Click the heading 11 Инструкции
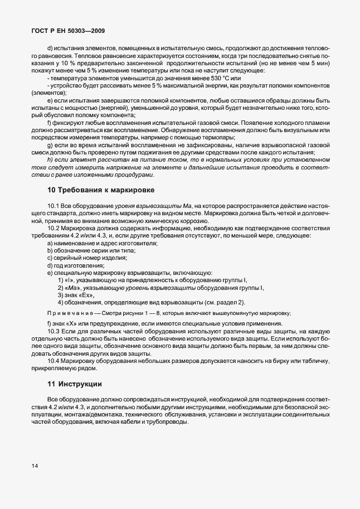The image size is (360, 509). pyautogui.click(x=75, y=384)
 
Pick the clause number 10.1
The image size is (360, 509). pyautogui.click(x=54, y=206)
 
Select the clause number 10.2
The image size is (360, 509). pyautogui.click(x=54, y=229)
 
